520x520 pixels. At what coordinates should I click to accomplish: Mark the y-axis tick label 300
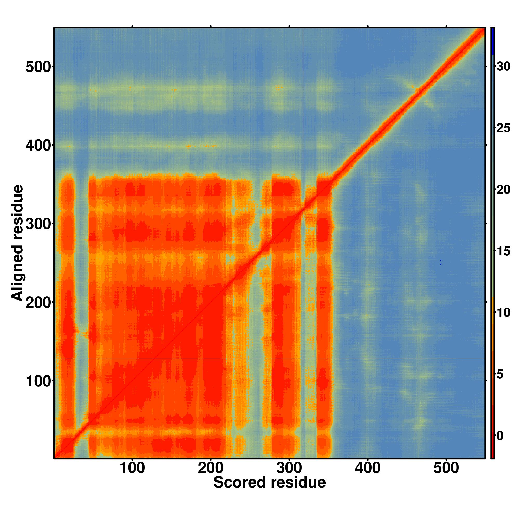38,224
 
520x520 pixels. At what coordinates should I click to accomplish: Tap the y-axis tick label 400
38,146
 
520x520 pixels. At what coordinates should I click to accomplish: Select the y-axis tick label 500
38,67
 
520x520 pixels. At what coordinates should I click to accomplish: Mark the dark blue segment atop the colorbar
492,41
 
